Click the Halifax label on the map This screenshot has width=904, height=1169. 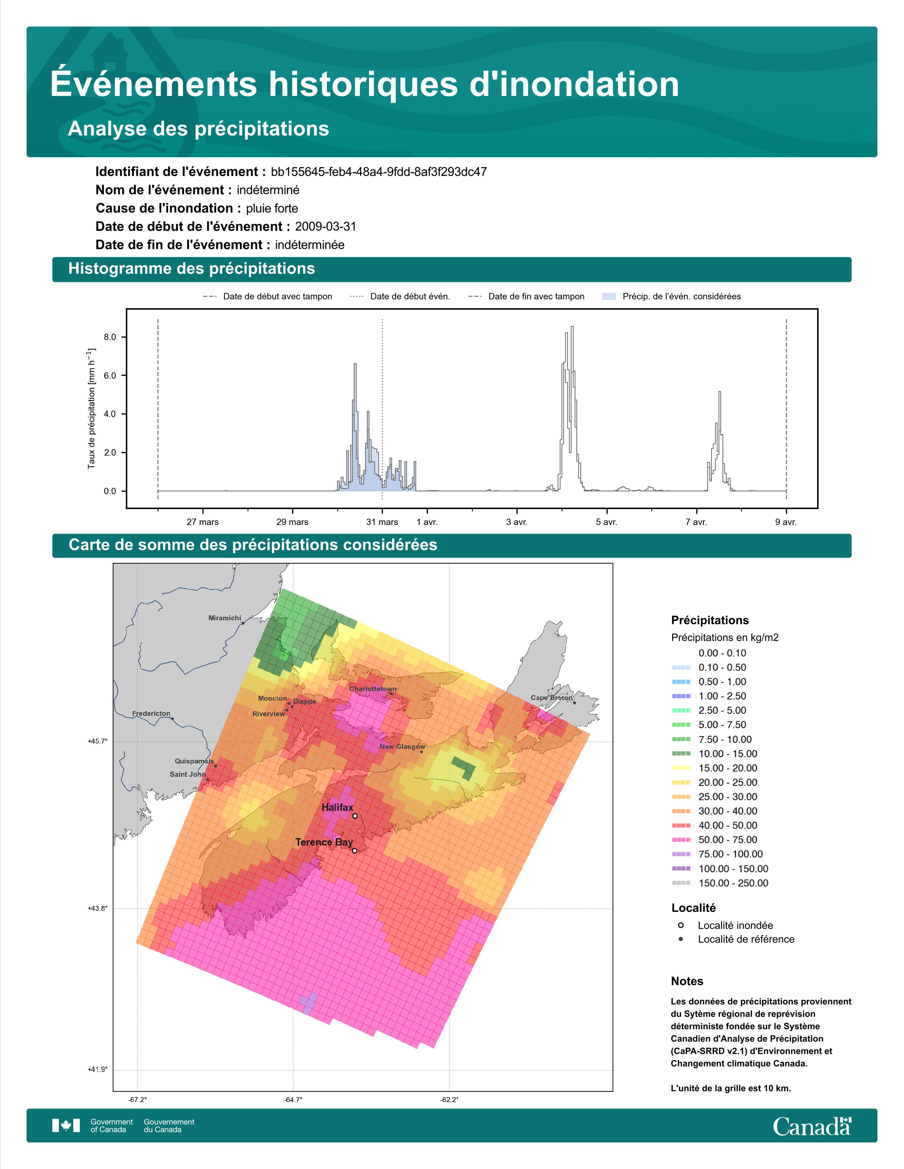click(x=337, y=807)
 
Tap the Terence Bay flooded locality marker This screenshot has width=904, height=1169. click(x=355, y=851)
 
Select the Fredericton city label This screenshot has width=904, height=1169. click(x=151, y=713)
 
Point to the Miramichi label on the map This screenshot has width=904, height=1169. click(x=224, y=618)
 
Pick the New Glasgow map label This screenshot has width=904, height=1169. click(x=403, y=747)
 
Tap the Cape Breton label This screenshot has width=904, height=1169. click(x=552, y=698)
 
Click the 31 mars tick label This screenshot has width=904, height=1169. click(x=382, y=522)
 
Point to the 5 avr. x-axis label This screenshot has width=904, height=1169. click(x=607, y=522)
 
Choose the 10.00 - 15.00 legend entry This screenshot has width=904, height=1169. click(x=714, y=753)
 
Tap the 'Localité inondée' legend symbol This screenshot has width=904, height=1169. click(x=681, y=925)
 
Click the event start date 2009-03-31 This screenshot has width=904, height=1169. click(x=325, y=226)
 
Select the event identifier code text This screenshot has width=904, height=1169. click(x=379, y=172)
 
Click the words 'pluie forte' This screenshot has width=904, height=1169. click(x=272, y=208)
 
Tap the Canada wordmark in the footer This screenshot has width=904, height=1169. click(x=812, y=1126)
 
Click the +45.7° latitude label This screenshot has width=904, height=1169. click(x=97, y=741)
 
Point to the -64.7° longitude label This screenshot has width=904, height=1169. click(x=294, y=1100)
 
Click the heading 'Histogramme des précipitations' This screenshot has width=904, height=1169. click(x=192, y=269)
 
